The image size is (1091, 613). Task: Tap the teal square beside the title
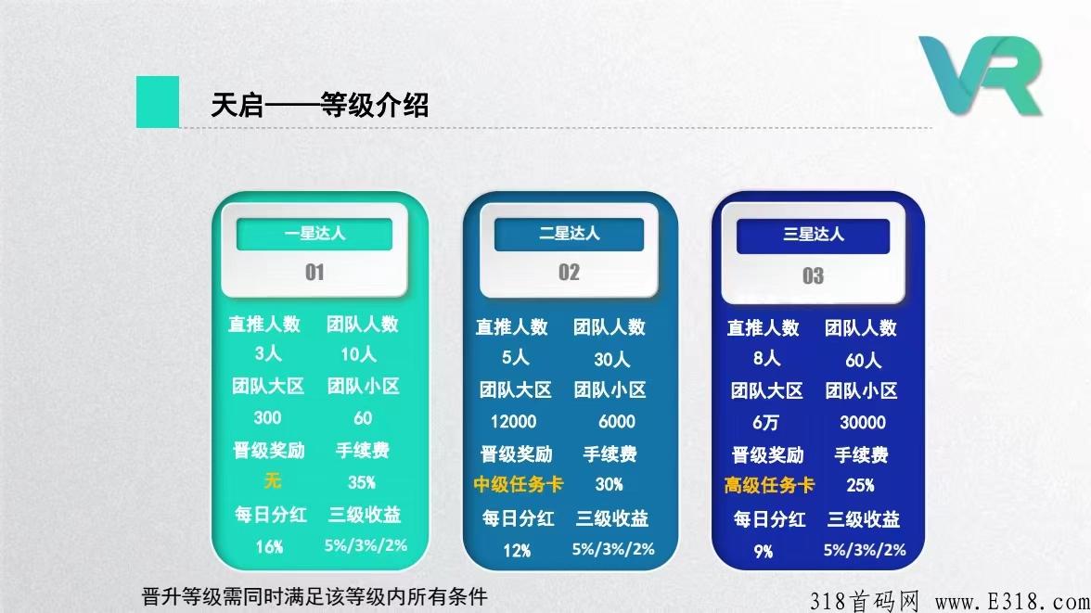click(158, 102)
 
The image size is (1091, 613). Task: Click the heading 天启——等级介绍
click(319, 105)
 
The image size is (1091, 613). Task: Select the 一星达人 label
click(314, 233)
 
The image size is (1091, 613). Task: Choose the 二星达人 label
click(570, 233)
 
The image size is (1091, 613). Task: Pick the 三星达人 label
click(814, 235)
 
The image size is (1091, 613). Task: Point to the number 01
click(314, 272)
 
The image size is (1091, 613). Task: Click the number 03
click(813, 276)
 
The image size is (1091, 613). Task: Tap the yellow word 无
click(272, 480)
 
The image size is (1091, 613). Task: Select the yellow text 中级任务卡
click(518, 484)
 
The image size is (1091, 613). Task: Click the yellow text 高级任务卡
click(769, 485)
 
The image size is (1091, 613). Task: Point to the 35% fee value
click(361, 482)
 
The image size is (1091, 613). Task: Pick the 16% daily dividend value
click(269, 547)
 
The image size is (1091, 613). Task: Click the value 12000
click(514, 422)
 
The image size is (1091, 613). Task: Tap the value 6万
click(765, 422)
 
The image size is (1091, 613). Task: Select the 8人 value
click(766, 358)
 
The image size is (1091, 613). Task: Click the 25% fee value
click(861, 485)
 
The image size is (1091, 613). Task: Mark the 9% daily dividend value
click(764, 552)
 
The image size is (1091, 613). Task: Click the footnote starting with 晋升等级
click(314, 596)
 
